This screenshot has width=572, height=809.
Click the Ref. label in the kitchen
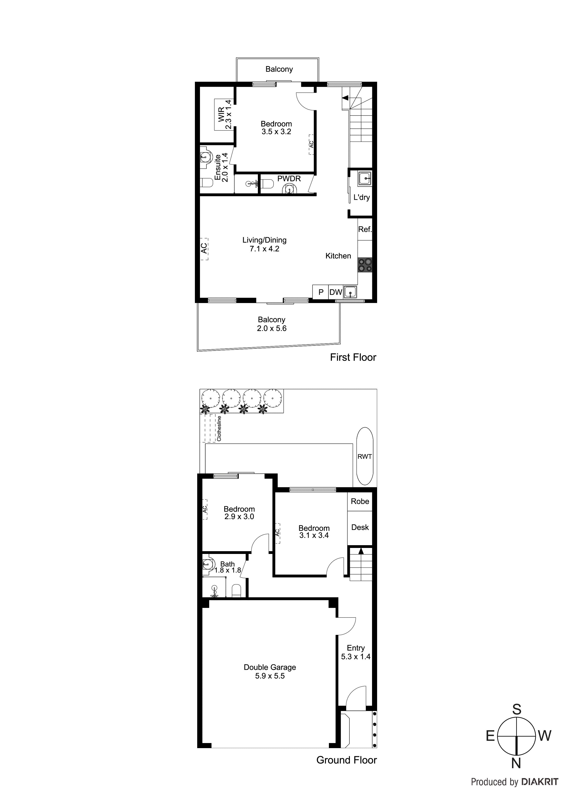tap(365, 229)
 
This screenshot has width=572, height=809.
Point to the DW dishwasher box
tap(336, 292)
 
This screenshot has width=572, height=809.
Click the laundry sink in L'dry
tap(364, 179)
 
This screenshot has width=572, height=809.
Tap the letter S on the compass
tap(516, 709)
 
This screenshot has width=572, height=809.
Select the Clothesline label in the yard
tap(219, 428)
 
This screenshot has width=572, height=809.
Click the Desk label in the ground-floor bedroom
tap(360, 527)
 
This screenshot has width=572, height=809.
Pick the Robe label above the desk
tap(360, 501)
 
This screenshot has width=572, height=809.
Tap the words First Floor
tap(353, 357)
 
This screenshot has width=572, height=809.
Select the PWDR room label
tap(289, 179)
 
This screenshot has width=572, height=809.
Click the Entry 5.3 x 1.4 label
tap(356, 652)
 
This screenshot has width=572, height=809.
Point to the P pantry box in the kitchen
tap(321, 292)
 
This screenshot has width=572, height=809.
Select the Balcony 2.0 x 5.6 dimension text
tap(271, 328)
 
